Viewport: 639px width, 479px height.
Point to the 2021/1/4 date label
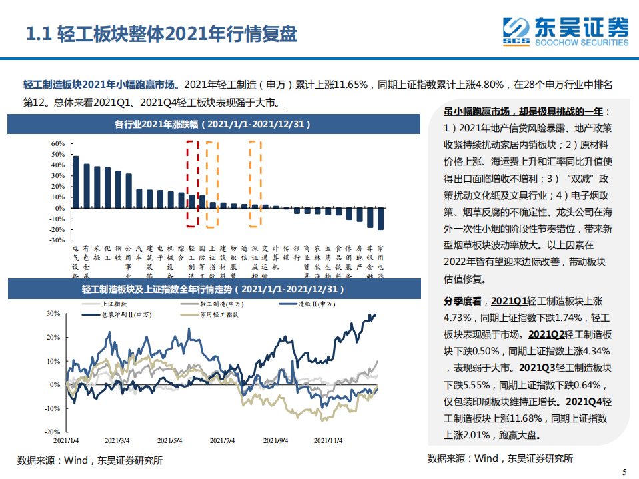click(x=67, y=440)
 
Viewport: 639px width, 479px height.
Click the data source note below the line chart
click(x=89, y=460)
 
